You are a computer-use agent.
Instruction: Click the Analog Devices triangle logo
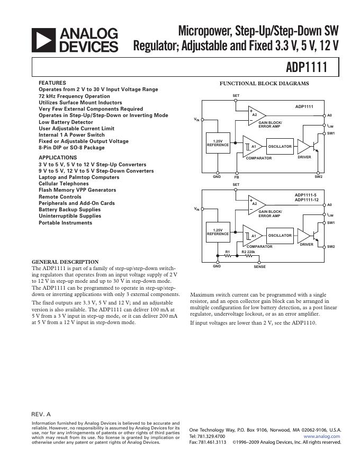[44, 40]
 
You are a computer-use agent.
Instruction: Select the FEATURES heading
[52, 83]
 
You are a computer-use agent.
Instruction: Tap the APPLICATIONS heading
[58, 158]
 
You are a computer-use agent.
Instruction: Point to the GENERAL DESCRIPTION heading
[65, 262]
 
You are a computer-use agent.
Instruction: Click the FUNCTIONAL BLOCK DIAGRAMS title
[264, 84]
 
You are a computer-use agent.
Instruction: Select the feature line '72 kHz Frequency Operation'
[74, 96]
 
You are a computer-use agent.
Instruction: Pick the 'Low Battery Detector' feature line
[66, 122]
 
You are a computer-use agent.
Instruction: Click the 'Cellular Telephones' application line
[64, 184]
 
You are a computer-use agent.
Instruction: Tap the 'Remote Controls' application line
[60, 197]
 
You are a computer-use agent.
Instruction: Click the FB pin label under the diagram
[237, 176]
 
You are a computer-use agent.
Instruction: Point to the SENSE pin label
[259, 266]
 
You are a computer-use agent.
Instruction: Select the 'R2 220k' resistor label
[248, 252]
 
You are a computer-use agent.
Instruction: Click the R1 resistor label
[228, 252]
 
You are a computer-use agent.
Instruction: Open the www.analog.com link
[322, 436]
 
